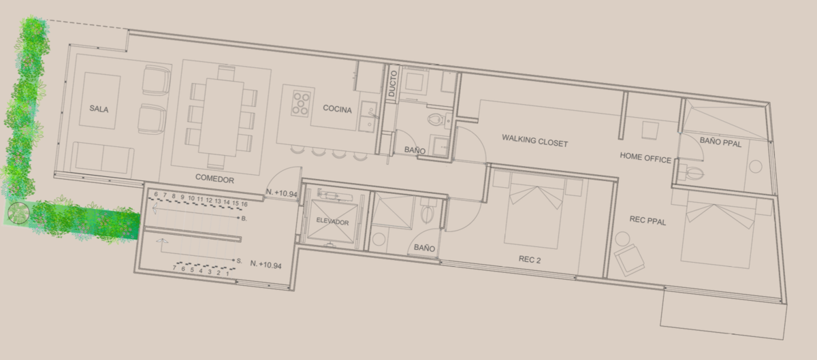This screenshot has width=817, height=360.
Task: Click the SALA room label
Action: tap(99, 109)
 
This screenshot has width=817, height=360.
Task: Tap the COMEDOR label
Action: tap(214, 178)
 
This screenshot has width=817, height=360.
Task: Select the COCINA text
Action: tap(338, 109)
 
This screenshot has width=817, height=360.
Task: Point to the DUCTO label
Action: tap(392, 84)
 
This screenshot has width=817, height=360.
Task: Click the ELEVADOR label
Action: tap(332, 221)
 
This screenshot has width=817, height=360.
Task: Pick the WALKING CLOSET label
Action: tap(534, 140)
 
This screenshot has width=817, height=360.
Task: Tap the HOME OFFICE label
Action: tap(645, 158)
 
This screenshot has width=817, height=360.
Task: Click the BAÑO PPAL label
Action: tap(720, 142)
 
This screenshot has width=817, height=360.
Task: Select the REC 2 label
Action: tap(530, 259)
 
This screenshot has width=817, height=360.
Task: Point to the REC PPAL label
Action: tap(647, 220)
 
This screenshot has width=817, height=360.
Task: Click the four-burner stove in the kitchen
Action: tap(301, 103)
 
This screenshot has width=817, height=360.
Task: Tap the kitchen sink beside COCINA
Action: tap(368, 116)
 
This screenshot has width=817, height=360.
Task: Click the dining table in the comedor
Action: tap(221, 118)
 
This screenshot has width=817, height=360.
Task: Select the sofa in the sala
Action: tap(103, 158)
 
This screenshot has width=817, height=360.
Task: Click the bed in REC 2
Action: tap(533, 210)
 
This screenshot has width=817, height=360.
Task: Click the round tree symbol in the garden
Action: tap(18, 212)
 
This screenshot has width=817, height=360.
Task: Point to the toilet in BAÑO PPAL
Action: tap(694, 173)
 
